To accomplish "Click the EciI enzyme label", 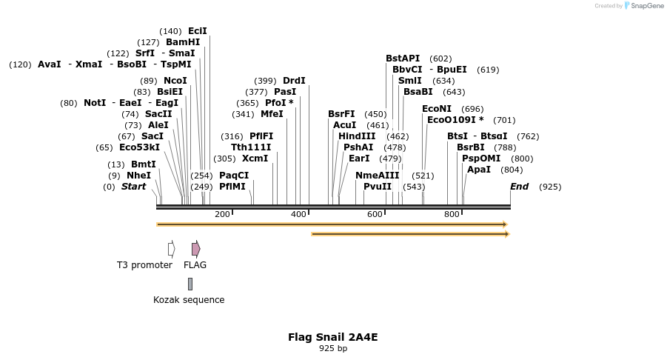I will pyautogui.click(x=198, y=31).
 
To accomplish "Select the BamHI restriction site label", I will pyautogui.click(x=183, y=42).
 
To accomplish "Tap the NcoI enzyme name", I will pyautogui.click(x=175, y=81).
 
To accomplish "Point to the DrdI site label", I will pyautogui.click(x=294, y=81).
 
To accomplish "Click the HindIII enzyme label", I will pyautogui.click(x=357, y=136).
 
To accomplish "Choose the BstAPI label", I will pyautogui.click(x=403, y=59).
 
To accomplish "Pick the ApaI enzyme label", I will pyautogui.click(x=479, y=170).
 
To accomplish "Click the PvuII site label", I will pyautogui.click(x=378, y=187).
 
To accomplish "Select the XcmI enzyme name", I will pyautogui.click(x=255, y=159).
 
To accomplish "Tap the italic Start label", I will pyautogui.click(x=134, y=187).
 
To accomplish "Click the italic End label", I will pyautogui.click(x=519, y=187).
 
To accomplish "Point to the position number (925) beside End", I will pyautogui.click(x=550, y=187).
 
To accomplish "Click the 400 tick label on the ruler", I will pyautogui.click(x=298, y=215).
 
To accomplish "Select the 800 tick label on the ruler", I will pyautogui.click(x=452, y=215).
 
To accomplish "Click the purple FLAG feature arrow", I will pyautogui.click(x=195, y=249).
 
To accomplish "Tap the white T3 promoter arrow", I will pyautogui.click(x=171, y=249).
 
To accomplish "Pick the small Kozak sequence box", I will pyautogui.click(x=190, y=284).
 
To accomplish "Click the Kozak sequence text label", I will pyautogui.click(x=189, y=300).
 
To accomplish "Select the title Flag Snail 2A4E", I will pyautogui.click(x=333, y=337).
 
